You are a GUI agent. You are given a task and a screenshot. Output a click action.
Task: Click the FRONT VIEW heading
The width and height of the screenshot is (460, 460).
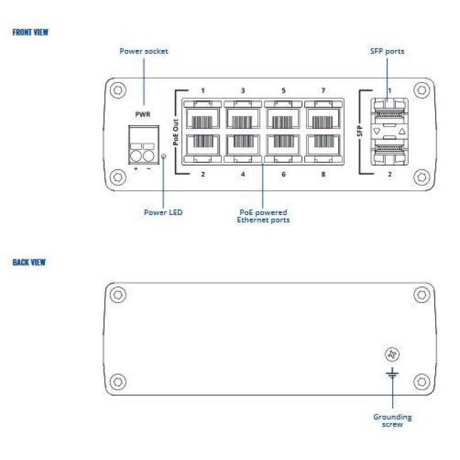30,32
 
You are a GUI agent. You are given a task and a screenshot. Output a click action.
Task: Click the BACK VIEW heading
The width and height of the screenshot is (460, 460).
29,262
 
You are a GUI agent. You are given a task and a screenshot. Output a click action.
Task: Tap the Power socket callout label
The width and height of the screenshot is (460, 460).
144,51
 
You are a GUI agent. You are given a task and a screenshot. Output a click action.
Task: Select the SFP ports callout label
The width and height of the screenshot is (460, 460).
387,51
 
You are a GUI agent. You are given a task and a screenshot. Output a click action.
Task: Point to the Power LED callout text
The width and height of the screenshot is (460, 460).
163,212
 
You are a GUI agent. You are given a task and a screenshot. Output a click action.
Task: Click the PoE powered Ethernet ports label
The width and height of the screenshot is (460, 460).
263,216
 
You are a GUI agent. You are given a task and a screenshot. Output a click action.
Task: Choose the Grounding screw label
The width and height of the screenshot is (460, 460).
393,421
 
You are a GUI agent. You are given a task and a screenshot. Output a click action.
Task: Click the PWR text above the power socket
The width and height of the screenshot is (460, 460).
143,114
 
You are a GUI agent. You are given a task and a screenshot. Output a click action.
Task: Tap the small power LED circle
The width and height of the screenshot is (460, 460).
164,156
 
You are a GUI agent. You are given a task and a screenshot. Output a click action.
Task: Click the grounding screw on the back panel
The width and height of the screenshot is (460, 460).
392,354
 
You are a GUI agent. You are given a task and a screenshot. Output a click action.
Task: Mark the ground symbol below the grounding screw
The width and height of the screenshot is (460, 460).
392,373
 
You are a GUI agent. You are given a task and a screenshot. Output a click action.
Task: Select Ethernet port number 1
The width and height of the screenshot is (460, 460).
203,118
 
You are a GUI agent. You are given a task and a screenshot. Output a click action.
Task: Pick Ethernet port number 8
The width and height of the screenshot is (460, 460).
324,145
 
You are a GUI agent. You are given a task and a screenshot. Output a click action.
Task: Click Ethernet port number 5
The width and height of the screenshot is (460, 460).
283,118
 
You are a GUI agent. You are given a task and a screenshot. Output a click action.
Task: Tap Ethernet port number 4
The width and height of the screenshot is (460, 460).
243,145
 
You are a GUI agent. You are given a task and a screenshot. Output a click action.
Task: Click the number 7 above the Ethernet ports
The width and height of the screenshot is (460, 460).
323,91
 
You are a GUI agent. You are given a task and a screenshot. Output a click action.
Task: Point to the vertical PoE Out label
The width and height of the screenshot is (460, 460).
176,132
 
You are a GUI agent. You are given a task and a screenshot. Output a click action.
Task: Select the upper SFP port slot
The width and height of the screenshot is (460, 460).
389,113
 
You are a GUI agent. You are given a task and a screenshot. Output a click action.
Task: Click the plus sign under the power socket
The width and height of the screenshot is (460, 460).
136,168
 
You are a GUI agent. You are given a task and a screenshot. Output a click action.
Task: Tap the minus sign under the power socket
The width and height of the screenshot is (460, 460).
149,168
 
